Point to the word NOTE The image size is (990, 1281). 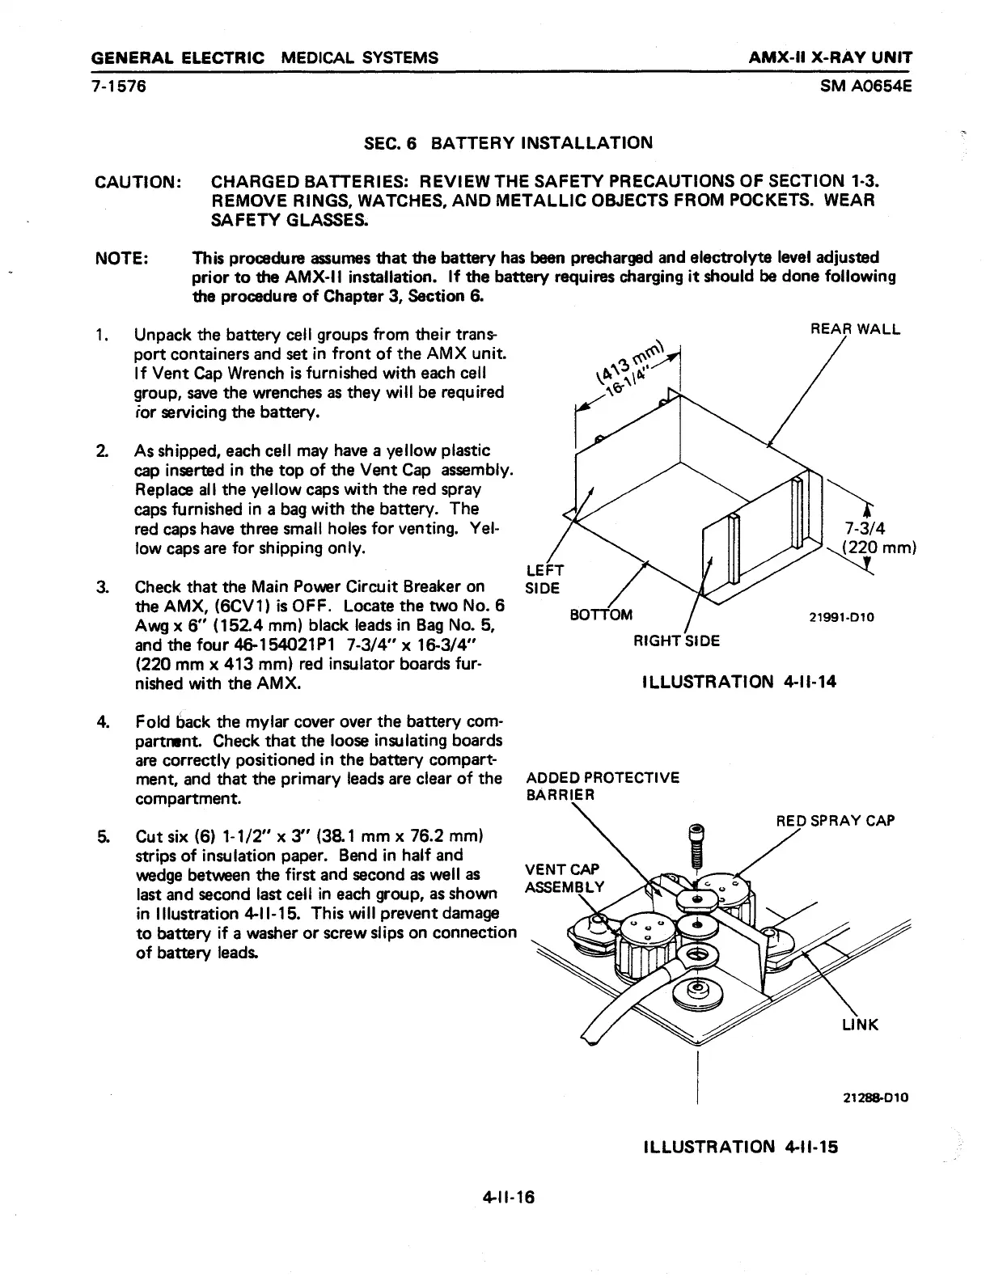pos(121,258)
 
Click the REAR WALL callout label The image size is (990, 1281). pos(855,329)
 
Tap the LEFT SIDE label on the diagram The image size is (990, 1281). pos(544,577)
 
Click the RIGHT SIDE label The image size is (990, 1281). pos(677,642)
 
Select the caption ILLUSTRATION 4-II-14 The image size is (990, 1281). pos(738,682)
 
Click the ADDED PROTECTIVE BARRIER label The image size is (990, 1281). pos(603,786)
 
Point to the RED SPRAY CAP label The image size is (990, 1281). pos(835,821)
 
